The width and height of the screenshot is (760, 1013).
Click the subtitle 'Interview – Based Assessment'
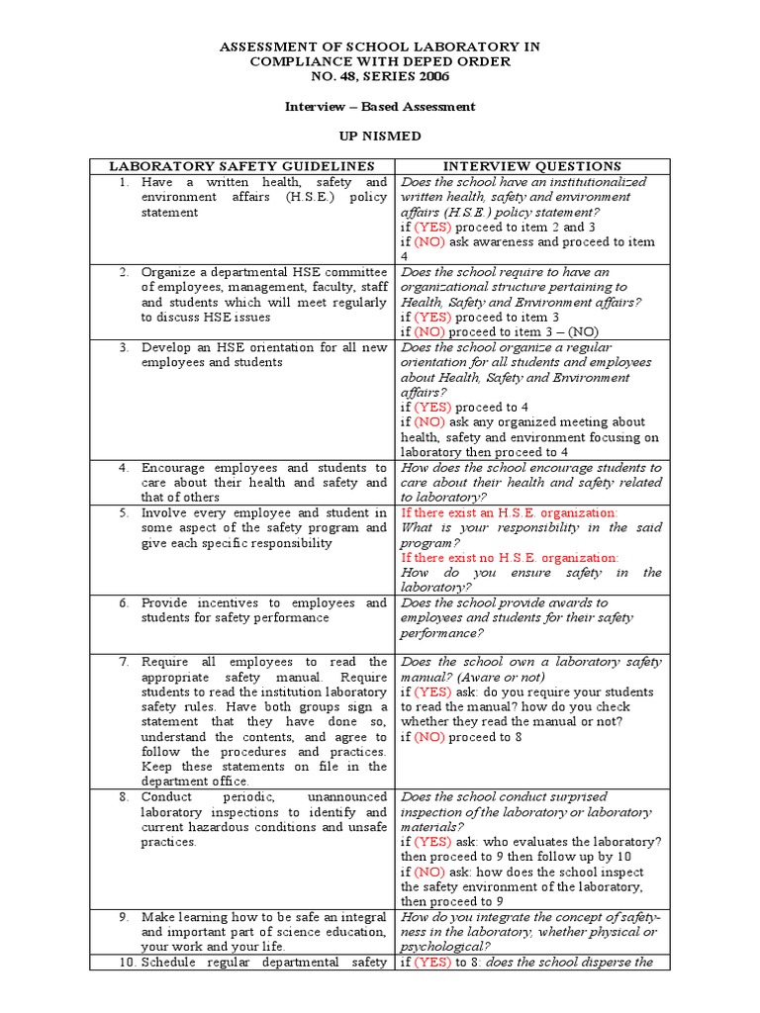[379, 106]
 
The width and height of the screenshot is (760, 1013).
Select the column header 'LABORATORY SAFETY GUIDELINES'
[242, 166]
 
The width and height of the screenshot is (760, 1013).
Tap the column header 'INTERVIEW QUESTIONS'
[531, 166]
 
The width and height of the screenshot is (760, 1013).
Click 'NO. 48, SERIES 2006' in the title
[379, 76]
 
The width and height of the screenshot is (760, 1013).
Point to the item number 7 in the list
[124, 662]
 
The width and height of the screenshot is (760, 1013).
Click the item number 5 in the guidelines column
[124, 512]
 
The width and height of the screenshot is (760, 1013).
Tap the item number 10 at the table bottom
[127, 963]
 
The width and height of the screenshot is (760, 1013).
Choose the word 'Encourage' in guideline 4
[174, 467]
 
